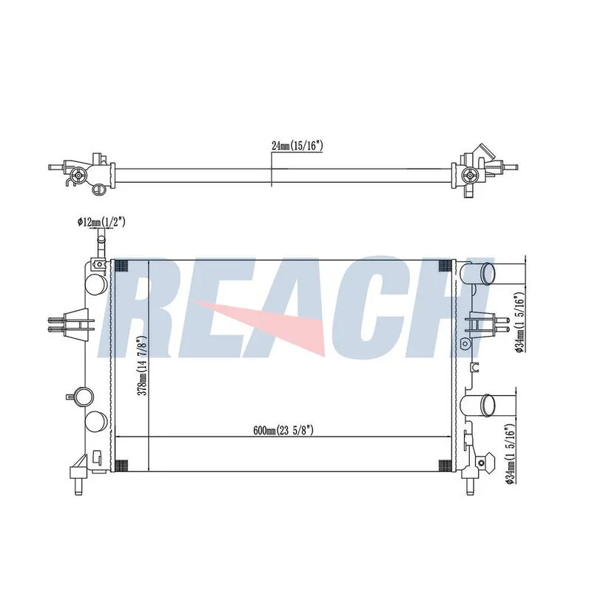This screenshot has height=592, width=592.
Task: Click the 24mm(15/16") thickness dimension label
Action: [297, 146]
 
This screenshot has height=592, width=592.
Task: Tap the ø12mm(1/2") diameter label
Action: [101, 222]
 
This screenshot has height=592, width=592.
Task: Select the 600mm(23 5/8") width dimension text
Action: [283, 430]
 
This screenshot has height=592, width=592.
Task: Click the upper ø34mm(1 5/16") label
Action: [520, 322]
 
